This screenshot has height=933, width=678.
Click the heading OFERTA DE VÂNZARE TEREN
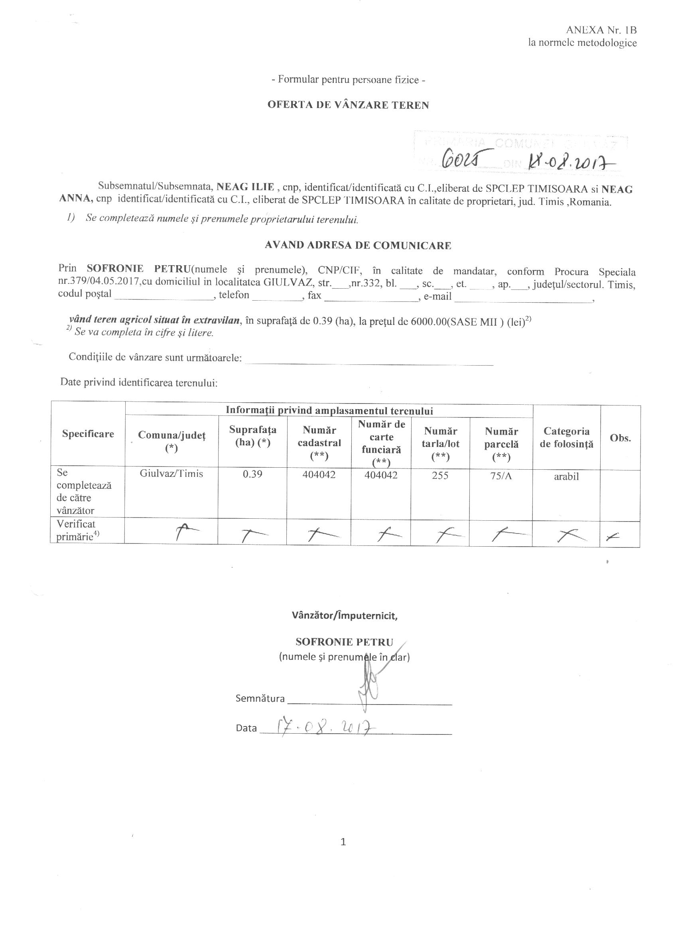click(x=348, y=105)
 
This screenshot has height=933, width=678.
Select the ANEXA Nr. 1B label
click(x=601, y=30)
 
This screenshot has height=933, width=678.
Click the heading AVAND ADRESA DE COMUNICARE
click(x=357, y=246)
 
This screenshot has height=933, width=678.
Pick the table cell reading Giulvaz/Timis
click(x=171, y=474)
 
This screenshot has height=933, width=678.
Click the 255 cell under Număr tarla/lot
click(x=440, y=475)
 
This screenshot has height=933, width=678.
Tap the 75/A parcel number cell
click(x=501, y=476)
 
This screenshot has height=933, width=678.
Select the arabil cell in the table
click(x=566, y=476)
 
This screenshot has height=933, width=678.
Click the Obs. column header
click(x=620, y=438)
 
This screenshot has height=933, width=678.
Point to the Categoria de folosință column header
click(x=566, y=437)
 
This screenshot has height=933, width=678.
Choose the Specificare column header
click(x=88, y=434)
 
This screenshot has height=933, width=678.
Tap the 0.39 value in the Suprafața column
click(x=252, y=474)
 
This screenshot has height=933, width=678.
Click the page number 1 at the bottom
click(x=343, y=842)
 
